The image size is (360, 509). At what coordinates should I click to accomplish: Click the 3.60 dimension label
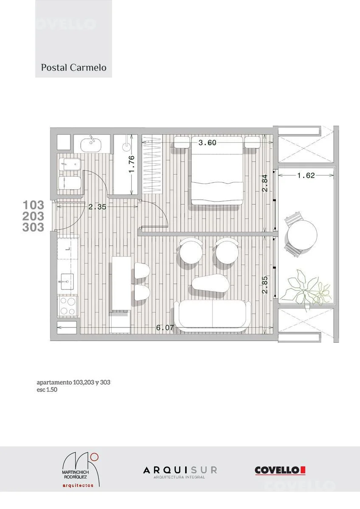[207, 143]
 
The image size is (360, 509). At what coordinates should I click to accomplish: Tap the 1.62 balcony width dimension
[306, 176]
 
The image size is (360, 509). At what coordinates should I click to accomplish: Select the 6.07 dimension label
[165, 327]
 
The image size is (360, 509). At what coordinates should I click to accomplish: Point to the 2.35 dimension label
[97, 207]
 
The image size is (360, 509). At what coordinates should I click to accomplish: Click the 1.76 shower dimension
[132, 164]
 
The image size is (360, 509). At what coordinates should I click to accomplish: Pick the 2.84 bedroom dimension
[265, 183]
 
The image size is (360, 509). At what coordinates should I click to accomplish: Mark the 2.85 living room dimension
[265, 285]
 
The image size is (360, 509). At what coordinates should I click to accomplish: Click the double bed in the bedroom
[217, 171]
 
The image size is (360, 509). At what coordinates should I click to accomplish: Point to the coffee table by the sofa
[211, 284]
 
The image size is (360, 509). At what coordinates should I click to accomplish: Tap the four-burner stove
[68, 306]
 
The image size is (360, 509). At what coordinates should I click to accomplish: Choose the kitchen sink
[67, 282]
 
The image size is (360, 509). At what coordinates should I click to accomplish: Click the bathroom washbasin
[91, 145]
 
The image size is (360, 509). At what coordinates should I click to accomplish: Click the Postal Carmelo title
[73, 68]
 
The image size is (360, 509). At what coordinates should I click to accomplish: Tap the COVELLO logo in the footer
[280, 470]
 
